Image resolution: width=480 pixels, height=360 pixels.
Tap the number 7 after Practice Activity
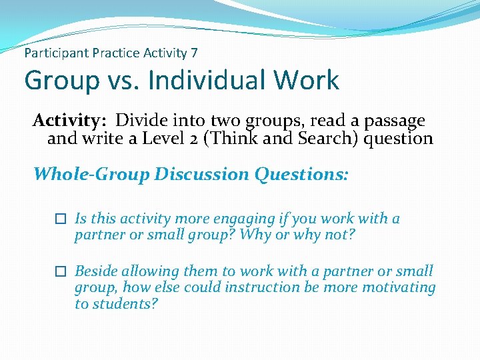coord(193,52)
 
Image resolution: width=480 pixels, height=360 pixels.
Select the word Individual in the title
coord(204,81)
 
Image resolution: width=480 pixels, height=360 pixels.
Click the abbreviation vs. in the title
coord(122,81)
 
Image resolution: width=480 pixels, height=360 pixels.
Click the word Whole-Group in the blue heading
coord(92,175)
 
